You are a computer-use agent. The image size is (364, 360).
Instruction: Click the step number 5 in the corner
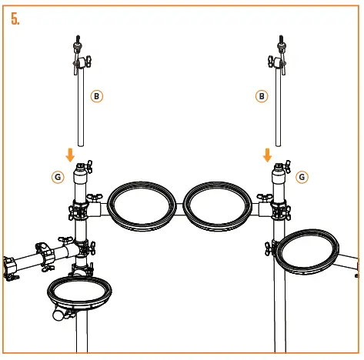pos(15,18)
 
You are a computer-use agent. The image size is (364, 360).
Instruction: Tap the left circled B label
pos(96,95)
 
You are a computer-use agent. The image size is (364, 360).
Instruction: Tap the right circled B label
pos(262,95)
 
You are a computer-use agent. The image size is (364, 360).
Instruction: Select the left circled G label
pos(58,176)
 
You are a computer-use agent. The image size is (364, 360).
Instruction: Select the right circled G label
pos(302,176)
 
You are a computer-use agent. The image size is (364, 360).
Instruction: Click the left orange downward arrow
pos(71,155)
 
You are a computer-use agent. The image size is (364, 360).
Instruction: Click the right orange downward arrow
pos(268,155)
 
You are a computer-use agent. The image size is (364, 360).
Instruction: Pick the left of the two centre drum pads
pos(141,205)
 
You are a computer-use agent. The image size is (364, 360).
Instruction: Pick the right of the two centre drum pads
pos(217,205)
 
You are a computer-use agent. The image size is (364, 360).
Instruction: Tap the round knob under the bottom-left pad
pos(57,315)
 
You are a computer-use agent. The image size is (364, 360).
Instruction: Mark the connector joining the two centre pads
pos(179,205)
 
